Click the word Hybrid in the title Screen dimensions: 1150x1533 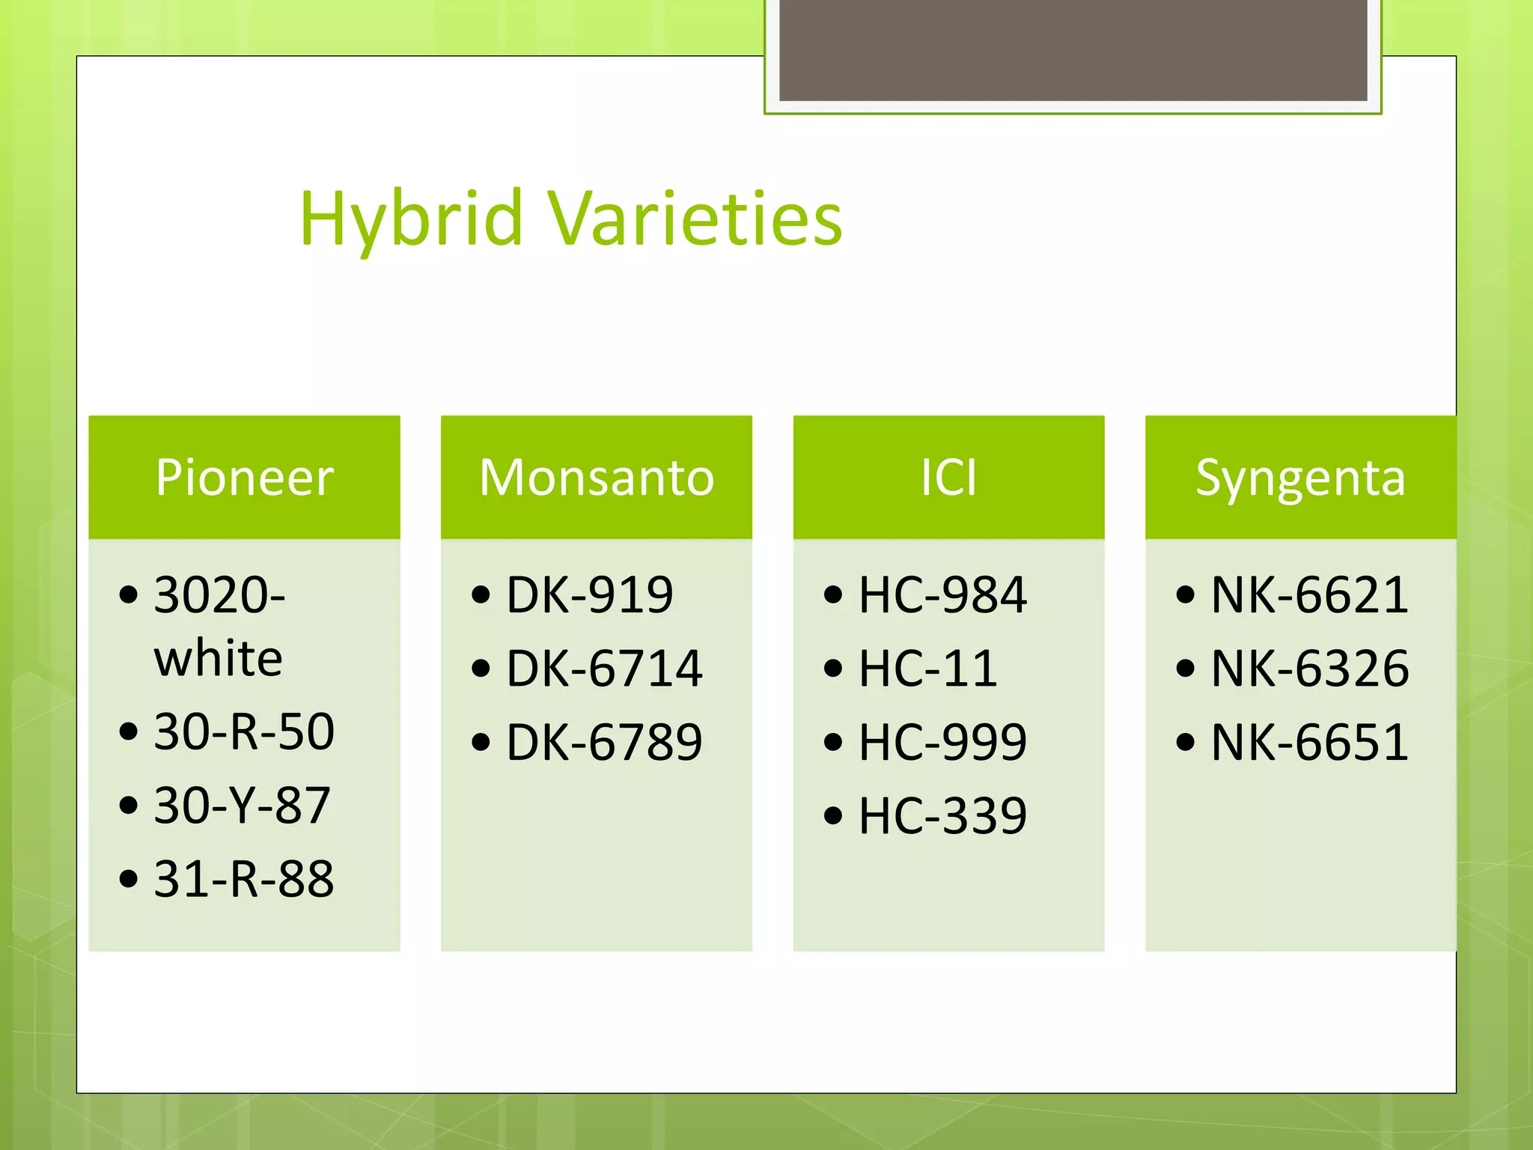tap(411, 219)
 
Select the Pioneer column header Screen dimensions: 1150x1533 tap(244, 478)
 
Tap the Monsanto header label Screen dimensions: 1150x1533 tap(597, 478)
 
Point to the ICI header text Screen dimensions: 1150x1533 tap(948, 478)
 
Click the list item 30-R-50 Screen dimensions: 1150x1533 tap(244, 731)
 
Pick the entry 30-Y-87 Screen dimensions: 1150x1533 tap(242, 806)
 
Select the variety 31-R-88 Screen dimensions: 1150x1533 tap(244, 879)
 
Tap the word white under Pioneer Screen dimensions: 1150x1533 tap(218, 659)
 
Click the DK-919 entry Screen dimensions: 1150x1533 tap(590, 595)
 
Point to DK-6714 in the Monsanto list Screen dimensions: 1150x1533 tap(604, 669)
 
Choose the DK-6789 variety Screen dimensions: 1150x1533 tap(604, 742)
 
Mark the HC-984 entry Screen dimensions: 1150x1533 tap(942, 595)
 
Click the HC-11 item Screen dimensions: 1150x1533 tap(928, 669)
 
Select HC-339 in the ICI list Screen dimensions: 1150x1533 tap(942, 815)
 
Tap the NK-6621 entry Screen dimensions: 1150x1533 tap(1310, 595)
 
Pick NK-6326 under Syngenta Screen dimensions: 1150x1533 tap(1310, 669)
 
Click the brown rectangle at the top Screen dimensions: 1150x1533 tap(1073, 49)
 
